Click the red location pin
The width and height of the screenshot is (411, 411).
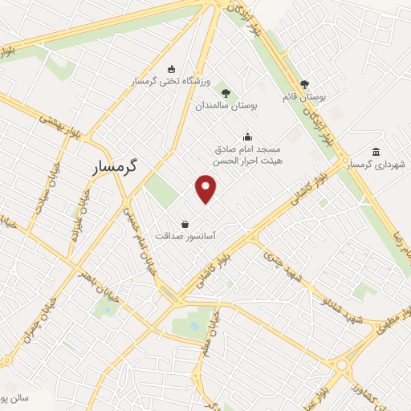[206, 188]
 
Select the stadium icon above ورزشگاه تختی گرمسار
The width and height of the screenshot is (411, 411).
[169, 70]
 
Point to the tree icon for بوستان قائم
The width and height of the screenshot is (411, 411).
[304, 84]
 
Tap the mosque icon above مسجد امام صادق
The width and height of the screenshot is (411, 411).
[247, 136]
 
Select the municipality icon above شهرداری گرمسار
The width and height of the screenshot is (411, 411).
[376, 152]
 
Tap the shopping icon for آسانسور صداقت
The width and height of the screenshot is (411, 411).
[186, 224]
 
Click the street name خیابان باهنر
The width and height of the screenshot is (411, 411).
[97, 284]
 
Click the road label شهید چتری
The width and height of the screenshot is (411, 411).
[285, 266]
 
